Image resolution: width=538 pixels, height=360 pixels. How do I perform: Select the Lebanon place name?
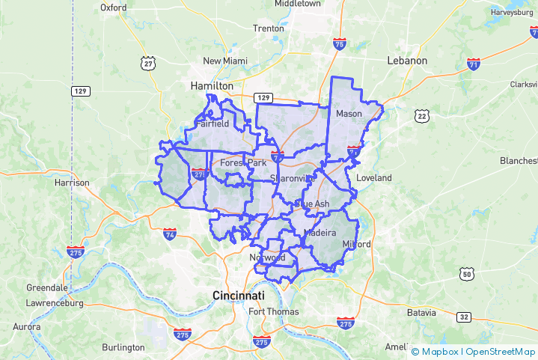[407, 61]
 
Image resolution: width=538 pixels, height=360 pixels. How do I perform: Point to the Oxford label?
[114, 7]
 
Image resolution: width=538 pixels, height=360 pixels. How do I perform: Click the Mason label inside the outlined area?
[349, 114]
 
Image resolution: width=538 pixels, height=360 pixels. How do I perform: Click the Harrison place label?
[72, 182]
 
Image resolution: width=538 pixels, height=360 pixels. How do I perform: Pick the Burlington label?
[123, 347]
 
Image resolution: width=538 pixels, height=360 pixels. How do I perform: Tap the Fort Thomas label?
[274, 311]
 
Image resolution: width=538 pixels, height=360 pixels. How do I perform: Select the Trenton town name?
[269, 28]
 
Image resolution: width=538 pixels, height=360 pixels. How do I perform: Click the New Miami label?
[224, 61]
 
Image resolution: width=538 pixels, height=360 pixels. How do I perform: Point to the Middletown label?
[297, 4]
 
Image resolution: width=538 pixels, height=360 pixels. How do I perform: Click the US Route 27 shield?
[148, 64]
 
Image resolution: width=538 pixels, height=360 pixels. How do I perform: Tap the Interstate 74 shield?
[170, 234]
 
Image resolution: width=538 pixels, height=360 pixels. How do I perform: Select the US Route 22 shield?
[423, 115]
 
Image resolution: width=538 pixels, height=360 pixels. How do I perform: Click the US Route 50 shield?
[466, 275]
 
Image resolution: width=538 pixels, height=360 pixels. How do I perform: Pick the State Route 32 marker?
[465, 317]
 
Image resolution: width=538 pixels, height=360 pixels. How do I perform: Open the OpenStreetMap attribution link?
[501, 351]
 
